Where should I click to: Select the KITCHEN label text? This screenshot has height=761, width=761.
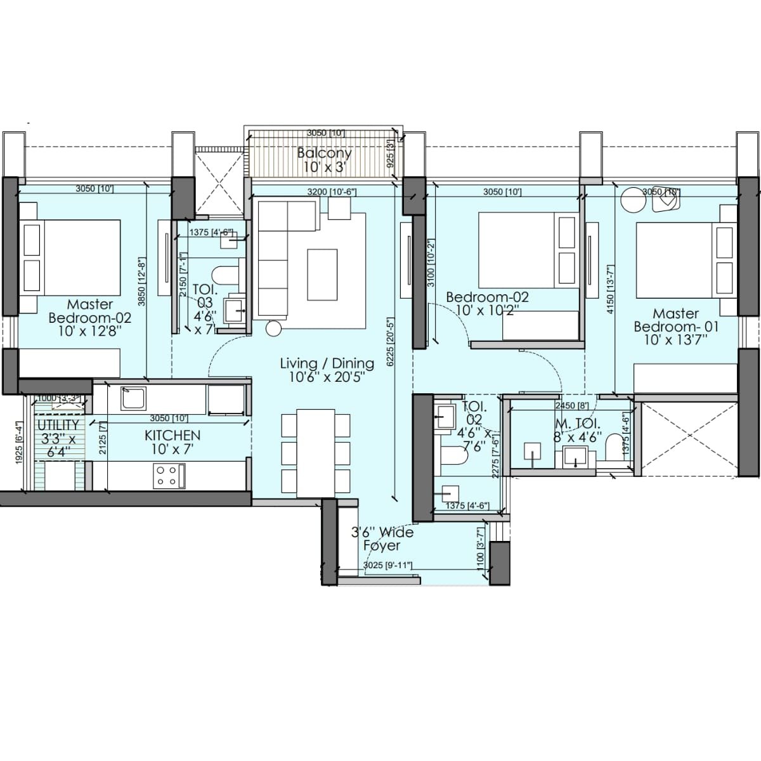click(x=172, y=435)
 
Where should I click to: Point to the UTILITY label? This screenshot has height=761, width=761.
click(x=58, y=425)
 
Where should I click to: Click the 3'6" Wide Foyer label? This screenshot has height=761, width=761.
click(x=382, y=538)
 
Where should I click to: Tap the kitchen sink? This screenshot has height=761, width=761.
click(x=134, y=399)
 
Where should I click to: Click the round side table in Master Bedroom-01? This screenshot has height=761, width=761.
click(x=632, y=200)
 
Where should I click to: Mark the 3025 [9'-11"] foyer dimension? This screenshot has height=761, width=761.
click(x=388, y=565)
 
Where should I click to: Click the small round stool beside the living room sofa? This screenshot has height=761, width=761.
click(x=273, y=328)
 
